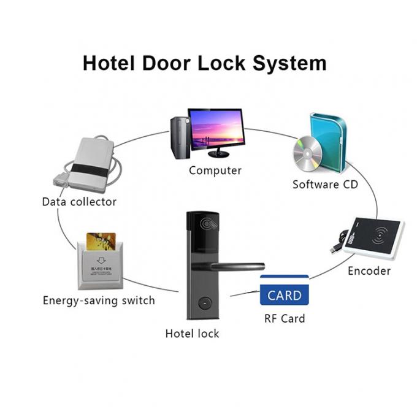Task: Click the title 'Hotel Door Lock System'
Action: click(205, 63)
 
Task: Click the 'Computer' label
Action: click(215, 170)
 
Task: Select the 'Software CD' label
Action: click(325, 185)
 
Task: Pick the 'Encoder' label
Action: click(369, 271)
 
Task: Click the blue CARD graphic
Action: click(285, 295)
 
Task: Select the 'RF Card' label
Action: click(285, 318)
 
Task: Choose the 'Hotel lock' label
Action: click(192, 334)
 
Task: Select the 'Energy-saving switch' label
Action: click(99, 300)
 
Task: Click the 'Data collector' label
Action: click(79, 201)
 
